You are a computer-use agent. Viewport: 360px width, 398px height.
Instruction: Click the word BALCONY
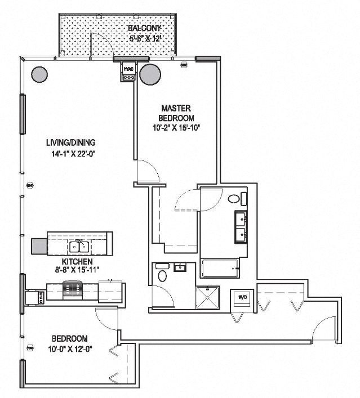[145, 28]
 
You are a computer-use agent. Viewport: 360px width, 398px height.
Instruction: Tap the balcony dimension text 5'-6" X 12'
[145, 38]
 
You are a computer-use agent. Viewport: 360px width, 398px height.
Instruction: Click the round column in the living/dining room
[39, 74]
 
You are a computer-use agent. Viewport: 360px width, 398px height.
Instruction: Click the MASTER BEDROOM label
[177, 113]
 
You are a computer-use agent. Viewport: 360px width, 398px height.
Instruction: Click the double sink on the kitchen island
[78, 246]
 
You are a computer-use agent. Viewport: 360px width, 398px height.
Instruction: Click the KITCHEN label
[73, 262]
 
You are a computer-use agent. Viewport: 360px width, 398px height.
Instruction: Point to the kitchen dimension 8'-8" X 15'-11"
[73, 270]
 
